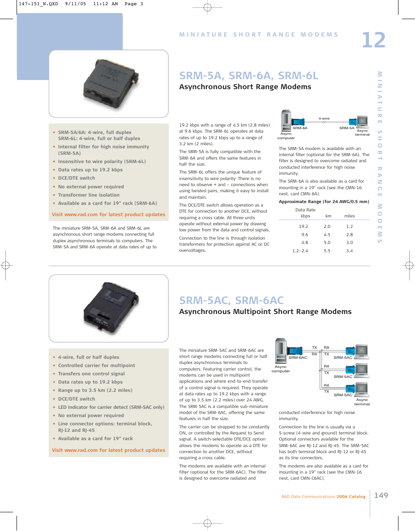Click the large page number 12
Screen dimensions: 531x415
point(373,40)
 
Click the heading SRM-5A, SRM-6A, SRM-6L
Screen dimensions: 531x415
point(248,75)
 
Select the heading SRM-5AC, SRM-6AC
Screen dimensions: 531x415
point(231,300)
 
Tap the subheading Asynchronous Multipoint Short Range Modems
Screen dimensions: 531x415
point(265,311)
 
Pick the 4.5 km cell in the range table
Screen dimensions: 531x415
point(327,234)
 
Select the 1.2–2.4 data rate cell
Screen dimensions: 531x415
point(300,251)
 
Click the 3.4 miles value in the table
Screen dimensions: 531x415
point(349,251)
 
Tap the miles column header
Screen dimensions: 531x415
point(349,216)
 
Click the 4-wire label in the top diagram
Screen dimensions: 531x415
point(324,119)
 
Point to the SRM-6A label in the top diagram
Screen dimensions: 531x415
point(300,128)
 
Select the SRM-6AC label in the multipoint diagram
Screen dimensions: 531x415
point(298,357)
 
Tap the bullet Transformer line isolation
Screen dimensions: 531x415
point(89,195)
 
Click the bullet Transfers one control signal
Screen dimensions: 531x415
point(91,374)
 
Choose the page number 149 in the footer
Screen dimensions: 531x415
point(380,495)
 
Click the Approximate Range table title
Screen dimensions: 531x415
point(324,202)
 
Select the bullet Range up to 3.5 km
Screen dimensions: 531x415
point(95,390)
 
